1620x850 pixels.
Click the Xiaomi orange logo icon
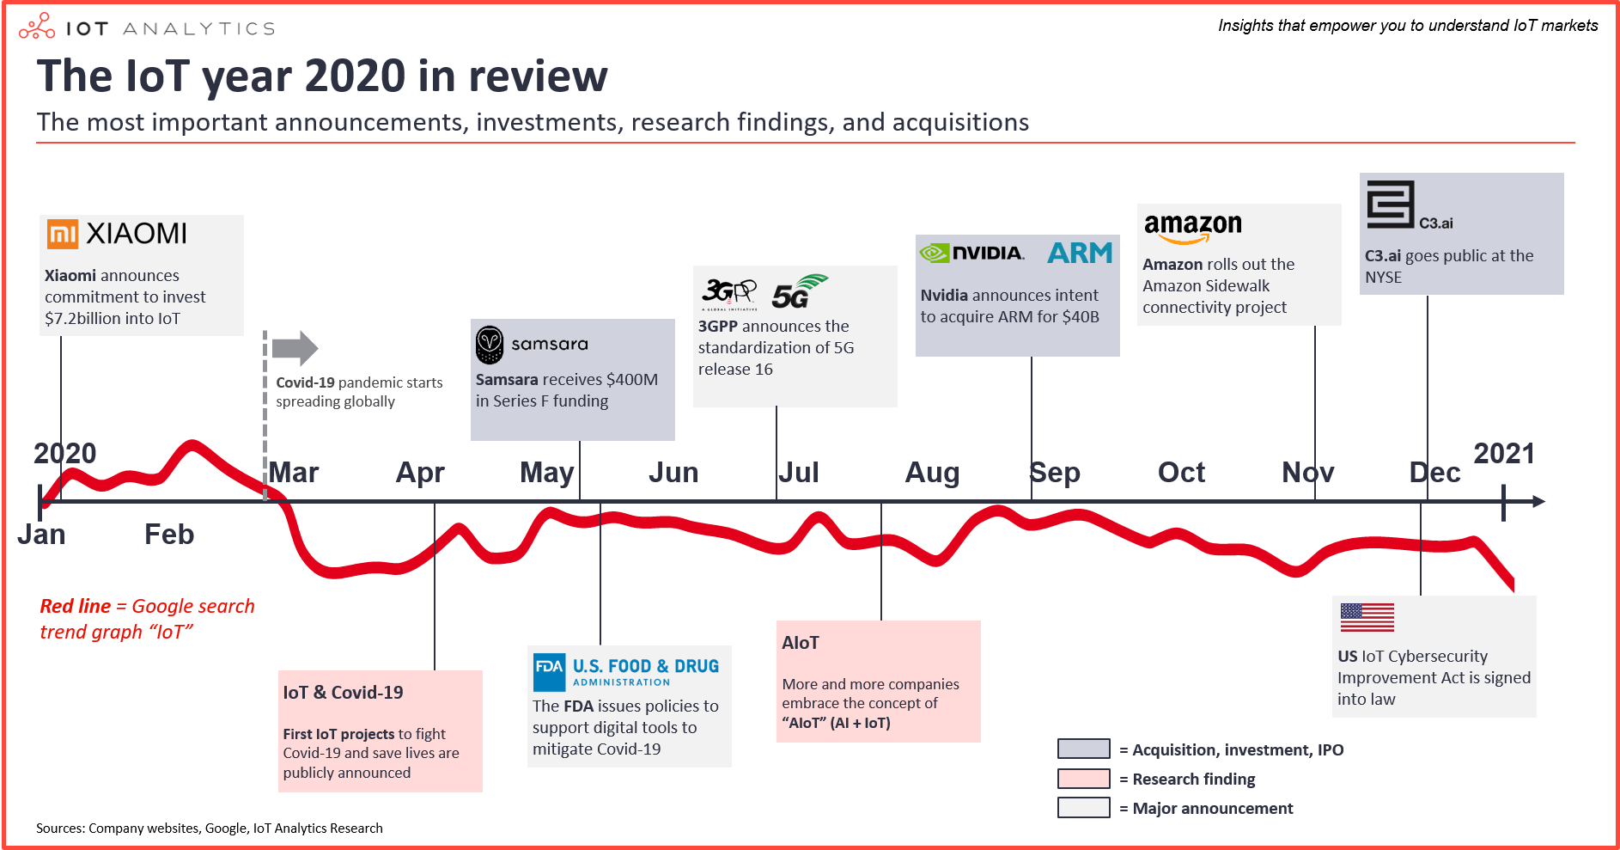tap(63, 234)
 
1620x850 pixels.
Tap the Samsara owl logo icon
tap(490, 345)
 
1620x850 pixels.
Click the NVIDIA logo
tap(971, 253)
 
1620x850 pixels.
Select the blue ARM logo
tap(1080, 253)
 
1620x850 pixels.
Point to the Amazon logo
tap(1192, 227)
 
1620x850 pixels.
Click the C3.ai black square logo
tap(1390, 205)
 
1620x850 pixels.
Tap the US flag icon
tap(1367, 617)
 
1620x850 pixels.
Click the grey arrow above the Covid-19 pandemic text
tap(295, 348)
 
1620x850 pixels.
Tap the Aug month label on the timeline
tap(931, 473)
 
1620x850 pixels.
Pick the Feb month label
tap(169, 535)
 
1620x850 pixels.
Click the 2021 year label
tap(1504, 454)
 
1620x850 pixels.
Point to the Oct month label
tap(1181, 473)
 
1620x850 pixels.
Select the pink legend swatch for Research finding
tap(1083, 779)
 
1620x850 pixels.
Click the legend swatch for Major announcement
tap(1083, 808)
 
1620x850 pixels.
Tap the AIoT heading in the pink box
tap(801, 643)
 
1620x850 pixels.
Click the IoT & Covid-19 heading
tap(343, 693)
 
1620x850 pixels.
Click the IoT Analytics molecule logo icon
tap(37, 28)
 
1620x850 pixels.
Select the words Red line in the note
tap(76, 607)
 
